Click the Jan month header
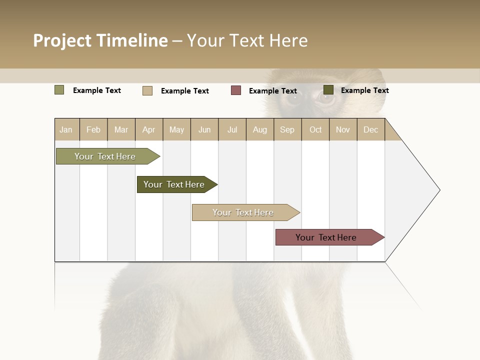pos(66,129)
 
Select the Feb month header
pos(93,129)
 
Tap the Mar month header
pos(121,129)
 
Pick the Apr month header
pos(149,129)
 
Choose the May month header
pos(176,129)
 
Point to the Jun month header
pos(204,129)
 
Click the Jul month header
pos(232,129)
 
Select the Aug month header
pos(260,129)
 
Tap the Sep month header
pos(287,129)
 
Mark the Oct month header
pos(315,129)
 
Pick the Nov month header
pos(343,129)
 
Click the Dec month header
pos(371,129)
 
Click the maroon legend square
pos(236,90)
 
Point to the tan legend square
pos(147,90)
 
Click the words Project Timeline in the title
pos(100,40)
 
